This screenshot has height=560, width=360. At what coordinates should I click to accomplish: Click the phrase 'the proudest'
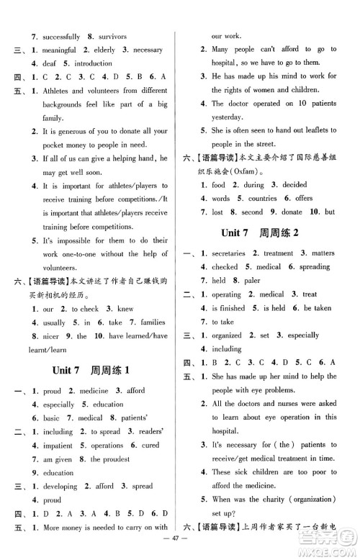point(115,459)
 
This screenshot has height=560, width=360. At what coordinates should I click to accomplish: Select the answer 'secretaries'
point(227,253)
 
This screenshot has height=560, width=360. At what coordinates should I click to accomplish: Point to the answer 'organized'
point(227,335)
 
